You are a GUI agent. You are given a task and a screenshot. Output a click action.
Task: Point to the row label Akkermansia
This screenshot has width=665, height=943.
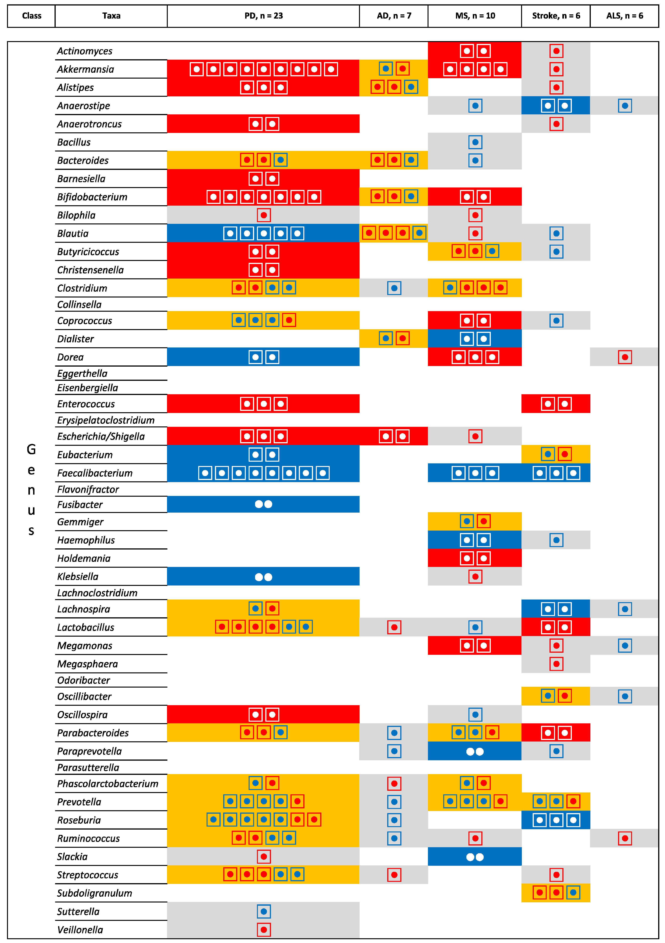[x=85, y=69]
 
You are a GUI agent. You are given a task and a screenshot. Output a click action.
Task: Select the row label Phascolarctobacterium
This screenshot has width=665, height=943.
[x=108, y=784]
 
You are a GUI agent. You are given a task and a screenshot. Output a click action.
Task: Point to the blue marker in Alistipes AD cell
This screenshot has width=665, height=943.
[x=411, y=87]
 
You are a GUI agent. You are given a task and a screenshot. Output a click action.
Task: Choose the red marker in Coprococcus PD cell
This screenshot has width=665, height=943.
[x=289, y=320]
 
